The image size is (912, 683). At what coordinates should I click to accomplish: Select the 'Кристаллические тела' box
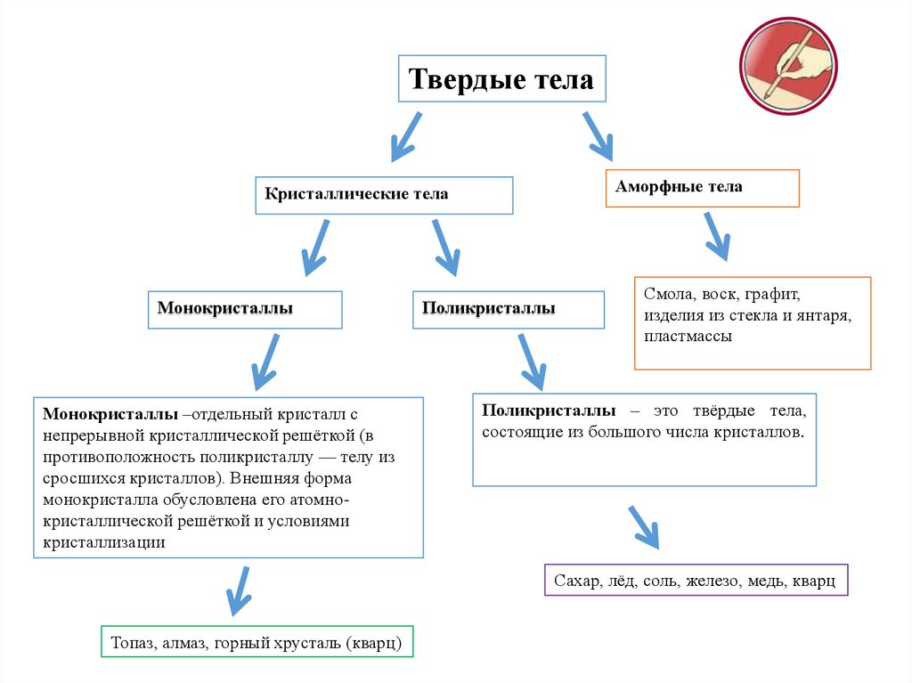click(384, 195)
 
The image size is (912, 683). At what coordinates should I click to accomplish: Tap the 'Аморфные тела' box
click(702, 188)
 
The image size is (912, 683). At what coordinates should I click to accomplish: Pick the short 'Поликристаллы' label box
click(509, 309)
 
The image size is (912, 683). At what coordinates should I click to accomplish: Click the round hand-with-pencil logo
click(787, 66)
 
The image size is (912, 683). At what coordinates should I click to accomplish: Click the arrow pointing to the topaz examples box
click(238, 589)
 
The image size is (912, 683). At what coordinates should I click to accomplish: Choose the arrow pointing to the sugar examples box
click(643, 527)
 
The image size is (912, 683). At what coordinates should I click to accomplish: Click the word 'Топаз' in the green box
click(132, 642)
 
